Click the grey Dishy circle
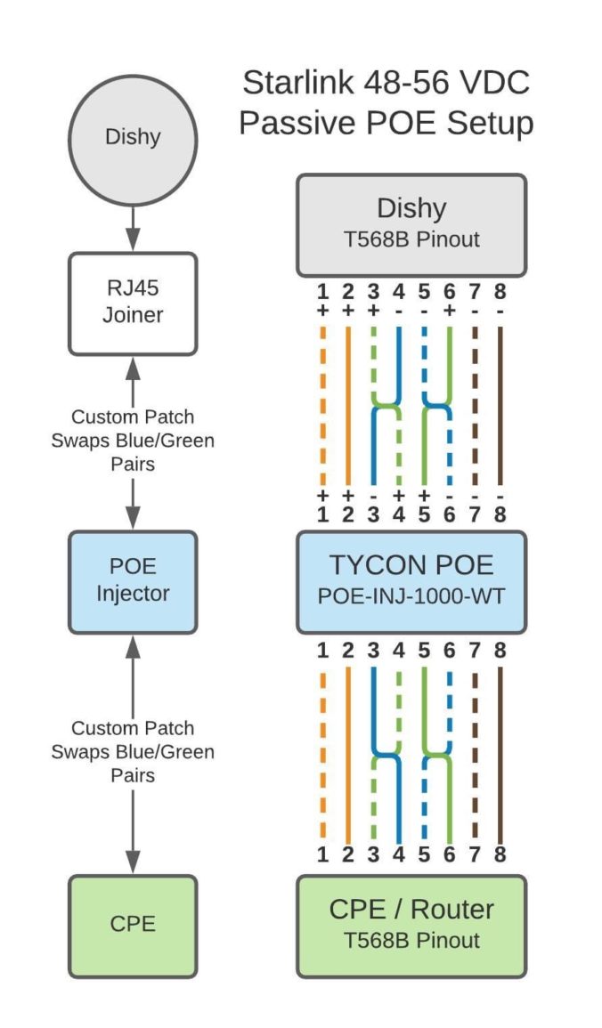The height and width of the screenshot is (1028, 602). pos(133,137)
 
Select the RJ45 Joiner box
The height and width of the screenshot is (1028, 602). pos(133,304)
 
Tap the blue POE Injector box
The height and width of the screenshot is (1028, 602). pos(133,581)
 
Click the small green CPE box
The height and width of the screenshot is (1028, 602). pos(133,924)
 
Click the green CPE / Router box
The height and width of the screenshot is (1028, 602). pos(411,924)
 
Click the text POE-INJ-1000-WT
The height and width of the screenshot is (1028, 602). pos(411,596)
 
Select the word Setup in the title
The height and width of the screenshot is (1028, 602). pos(488,123)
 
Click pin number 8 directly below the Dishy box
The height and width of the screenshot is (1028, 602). pos(500,291)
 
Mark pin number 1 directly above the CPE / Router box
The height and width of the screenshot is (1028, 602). pos(322,855)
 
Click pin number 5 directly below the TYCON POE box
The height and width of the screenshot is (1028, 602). pos(424,652)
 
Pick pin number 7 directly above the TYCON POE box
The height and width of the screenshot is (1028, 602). pos(475,514)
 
